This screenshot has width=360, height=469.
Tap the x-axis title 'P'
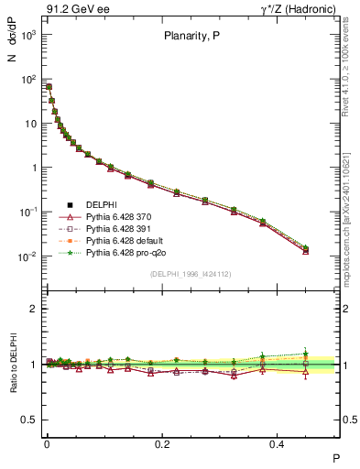[x=335, y=457]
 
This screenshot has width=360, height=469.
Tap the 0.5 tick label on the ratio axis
[x=27, y=420]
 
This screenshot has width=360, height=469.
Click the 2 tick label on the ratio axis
[x=32, y=309]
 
